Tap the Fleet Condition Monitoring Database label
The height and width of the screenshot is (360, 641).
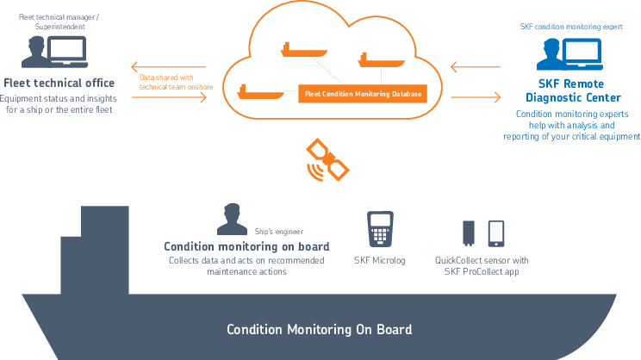pyautogui.click(x=362, y=92)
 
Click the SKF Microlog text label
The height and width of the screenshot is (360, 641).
pyautogui.click(x=379, y=260)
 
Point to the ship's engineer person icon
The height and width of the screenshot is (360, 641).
pyautogui.click(x=227, y=221)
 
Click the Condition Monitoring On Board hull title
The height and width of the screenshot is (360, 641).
pyautogui.click(x=319, y=329)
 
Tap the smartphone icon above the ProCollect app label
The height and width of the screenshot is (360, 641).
pyautogui.click(x=496, y=233)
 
